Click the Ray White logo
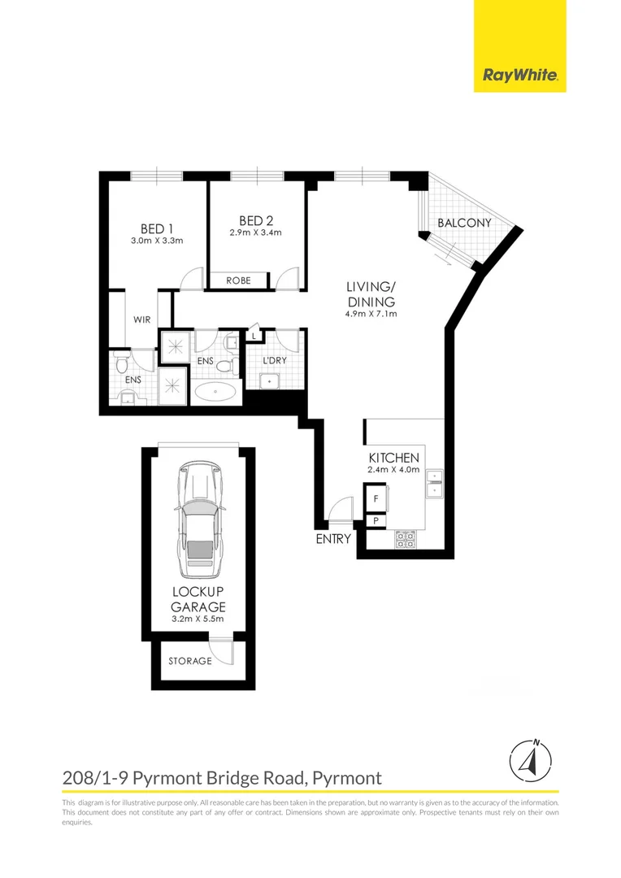[519, 76]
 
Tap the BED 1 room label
[157, 228]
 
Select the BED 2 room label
[255, 220]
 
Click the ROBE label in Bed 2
[238, 280]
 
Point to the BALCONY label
[464, 223]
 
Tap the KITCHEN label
[393, 459]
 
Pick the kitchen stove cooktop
[404, 537]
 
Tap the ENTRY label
[333, 538]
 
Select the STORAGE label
[189, 661]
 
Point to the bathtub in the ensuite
[215, 391]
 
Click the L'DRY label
[274, 360]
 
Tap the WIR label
[142, 319]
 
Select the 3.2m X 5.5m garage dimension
[198, 619]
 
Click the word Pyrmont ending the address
[348, 778]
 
